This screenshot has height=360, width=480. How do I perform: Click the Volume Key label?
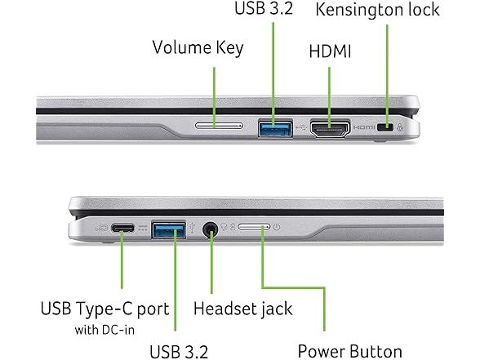pos(198,48)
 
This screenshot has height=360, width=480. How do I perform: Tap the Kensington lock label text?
pos(377,10)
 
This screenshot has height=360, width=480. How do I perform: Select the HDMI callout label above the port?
pos(330,51)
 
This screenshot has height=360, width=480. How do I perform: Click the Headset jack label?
pos(243,309)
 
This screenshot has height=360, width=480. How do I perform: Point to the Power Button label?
pos(350,351)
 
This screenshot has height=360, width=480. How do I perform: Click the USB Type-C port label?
pos(104,309)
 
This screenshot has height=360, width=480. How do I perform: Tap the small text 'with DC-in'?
pos(104,330)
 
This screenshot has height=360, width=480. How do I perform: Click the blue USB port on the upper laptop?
pos(275,128)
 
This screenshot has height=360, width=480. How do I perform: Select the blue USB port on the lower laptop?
pos(169,229)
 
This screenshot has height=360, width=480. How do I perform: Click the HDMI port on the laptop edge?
pos(330,129)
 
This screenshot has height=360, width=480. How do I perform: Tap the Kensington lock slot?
pos(385,127)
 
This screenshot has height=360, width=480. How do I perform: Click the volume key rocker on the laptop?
pos(219,125)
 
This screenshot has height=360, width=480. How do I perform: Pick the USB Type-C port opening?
pos(122,228)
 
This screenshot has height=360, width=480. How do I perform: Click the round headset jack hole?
pos(211,229)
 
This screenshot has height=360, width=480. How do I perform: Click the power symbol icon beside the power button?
pos(277,227)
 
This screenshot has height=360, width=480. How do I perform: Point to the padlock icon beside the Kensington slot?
pos(400,127)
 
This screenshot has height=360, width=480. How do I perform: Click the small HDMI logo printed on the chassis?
pos(364,127)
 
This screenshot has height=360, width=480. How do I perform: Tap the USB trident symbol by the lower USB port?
pos(193,228)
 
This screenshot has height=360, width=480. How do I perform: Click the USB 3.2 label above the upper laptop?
pos(264,8)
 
